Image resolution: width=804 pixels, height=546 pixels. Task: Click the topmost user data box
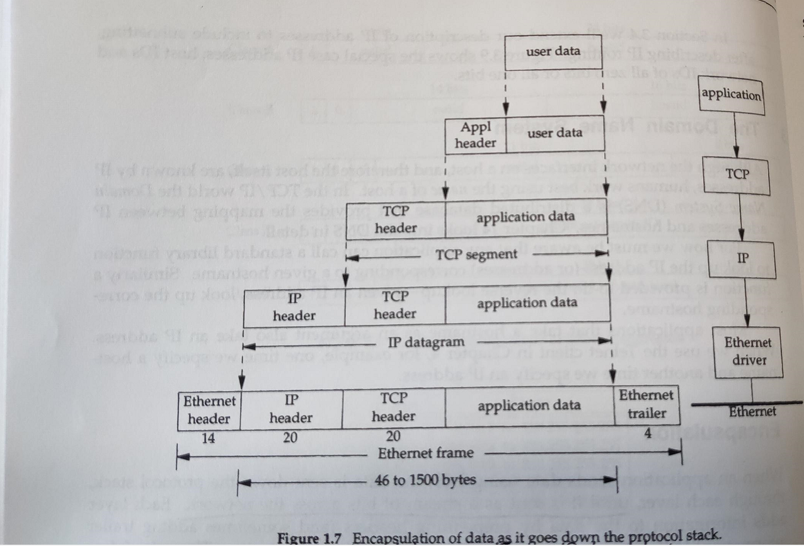554,52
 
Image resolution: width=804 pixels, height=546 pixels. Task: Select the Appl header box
476,135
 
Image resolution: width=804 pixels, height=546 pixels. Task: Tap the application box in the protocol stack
732,95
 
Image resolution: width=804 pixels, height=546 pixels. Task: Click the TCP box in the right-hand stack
737,173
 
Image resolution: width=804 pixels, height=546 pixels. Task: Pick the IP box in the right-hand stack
743,258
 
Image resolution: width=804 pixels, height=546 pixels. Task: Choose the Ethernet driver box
747,351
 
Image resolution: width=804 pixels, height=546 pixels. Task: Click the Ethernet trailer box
647,404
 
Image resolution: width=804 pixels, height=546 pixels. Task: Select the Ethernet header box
209,409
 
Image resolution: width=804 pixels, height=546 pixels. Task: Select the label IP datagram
426,343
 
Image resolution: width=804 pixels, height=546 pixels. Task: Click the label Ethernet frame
425,453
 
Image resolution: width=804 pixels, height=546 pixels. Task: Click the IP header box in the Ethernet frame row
291,409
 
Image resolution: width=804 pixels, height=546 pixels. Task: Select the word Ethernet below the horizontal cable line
752,411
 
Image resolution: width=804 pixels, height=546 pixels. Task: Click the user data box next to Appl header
554,133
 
